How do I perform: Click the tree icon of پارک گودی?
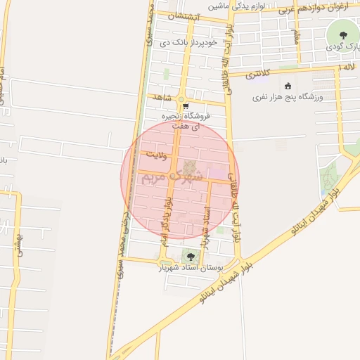(x=342, y=34)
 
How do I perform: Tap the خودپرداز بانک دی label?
(x=167, y=42)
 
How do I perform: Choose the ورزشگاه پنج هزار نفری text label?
(x=295, y=98)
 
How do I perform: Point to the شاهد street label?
(x=161, y=97)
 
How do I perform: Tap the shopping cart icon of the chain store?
(x=185, y=105)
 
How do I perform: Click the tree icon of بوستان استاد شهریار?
(x=191, y=256)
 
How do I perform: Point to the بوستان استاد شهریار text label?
(x=192, y=268)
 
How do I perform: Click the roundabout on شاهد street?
(x=181, y=98)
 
